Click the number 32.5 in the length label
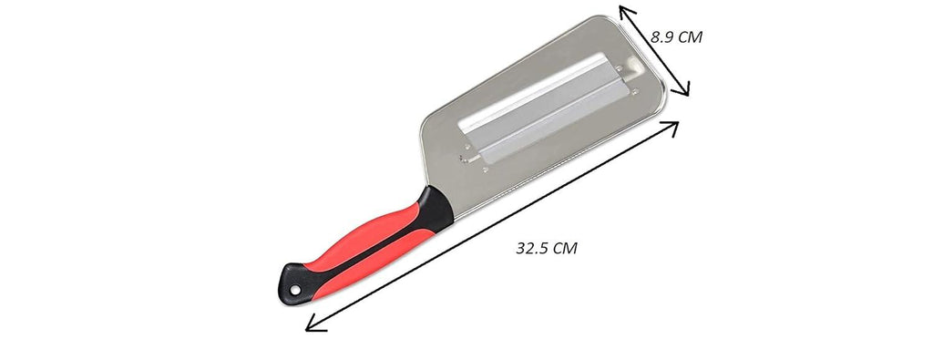pyautogui.click(x=533, y=248)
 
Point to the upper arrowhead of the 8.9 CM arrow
pyautogui.click(x=623, y=10)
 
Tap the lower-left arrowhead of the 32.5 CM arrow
pyautogui.click(x=313, y=324)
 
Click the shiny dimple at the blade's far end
pyautogui.click(x=628, y=68)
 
